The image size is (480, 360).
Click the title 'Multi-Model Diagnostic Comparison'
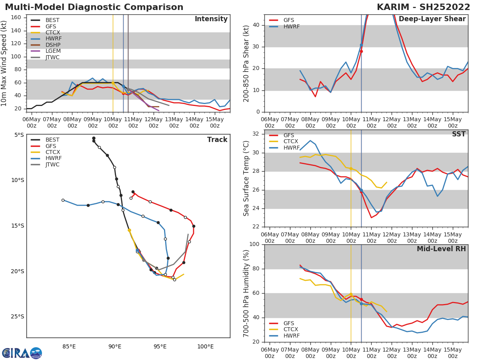[94, 7]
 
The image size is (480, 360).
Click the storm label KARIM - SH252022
[423, 7]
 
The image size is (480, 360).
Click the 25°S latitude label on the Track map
[17, 316]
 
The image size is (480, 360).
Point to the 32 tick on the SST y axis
[258, 134]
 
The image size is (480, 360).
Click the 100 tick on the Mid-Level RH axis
[256, 244]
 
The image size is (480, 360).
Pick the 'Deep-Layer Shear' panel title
[432, 19]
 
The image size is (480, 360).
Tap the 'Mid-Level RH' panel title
[441, 249]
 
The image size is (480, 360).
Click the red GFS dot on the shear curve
[361, 51]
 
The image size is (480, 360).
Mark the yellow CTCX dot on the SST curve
[351, 168]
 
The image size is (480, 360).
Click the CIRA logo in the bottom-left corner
[22, 353]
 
